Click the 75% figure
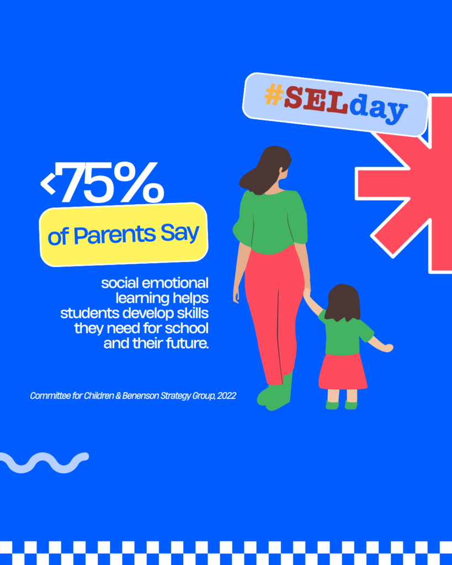(113, 182)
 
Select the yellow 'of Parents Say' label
(124, 234)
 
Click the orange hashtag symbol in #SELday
(273, 95)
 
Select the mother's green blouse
(270, 221)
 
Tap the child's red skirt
(343, 371)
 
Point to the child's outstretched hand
(388, 348)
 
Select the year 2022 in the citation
(226, 396)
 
